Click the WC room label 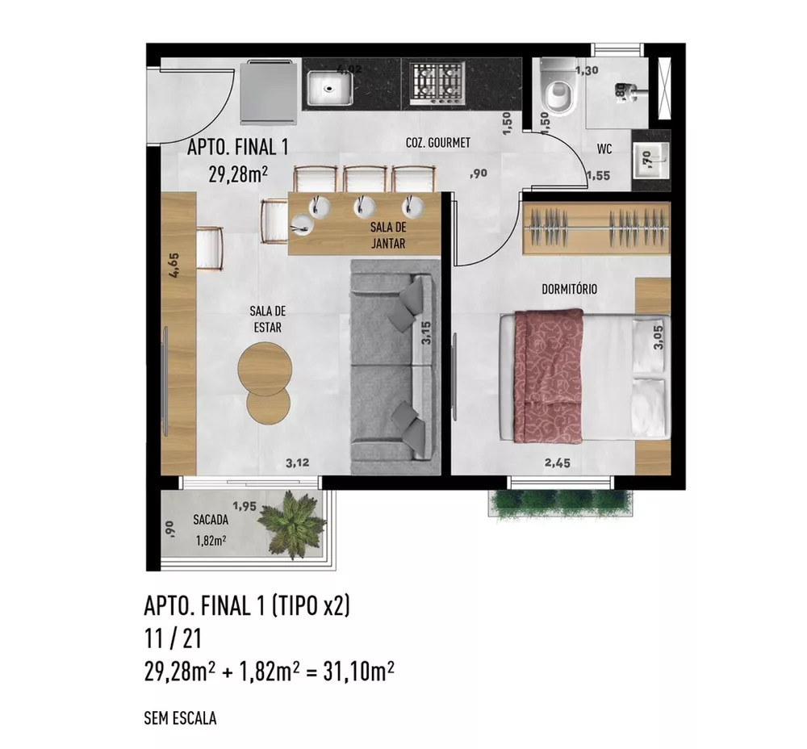[x=605, y=149]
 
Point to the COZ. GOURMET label [x=437, y=143]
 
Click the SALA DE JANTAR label [x=389, y=236]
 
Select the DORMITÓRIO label [x=570, y=289]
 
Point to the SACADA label [x=208, y=521]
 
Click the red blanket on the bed [x=549, y=375]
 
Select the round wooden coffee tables [x=265, y=379]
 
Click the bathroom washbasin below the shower [x=650, y=157]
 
